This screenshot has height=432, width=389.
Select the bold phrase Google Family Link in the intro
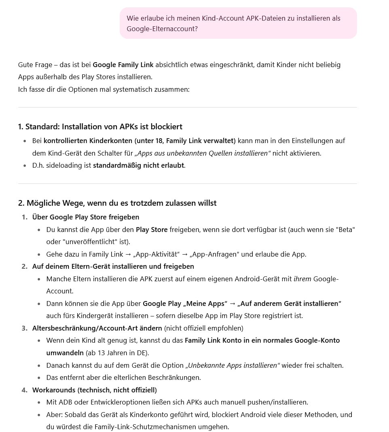click(123, 65)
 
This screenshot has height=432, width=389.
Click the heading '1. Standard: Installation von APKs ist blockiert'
click(100, 127)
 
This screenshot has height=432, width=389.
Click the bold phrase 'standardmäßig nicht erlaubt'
click(138, 166)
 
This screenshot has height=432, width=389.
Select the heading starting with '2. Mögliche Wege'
click(117, 203)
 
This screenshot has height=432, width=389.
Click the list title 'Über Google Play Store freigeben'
click(85, 217)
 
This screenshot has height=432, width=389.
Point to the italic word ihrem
click(302, 279)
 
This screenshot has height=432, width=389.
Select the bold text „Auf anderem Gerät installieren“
click(290, 303)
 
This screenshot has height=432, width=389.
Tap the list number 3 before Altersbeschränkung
click(25, 328)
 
